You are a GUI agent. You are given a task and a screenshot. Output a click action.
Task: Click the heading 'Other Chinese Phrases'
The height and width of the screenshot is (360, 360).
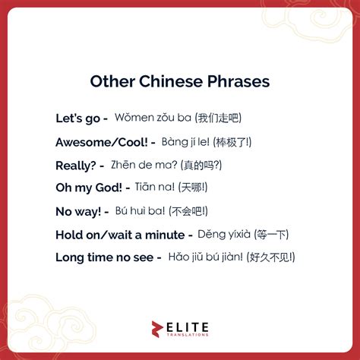point(179,81)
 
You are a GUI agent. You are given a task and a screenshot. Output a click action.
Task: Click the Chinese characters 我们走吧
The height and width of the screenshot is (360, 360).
point(218,118)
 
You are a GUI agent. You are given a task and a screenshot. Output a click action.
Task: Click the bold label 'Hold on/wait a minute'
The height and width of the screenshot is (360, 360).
point(118,235)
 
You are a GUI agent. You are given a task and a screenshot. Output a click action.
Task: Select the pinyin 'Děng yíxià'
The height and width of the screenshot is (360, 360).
point(223,235)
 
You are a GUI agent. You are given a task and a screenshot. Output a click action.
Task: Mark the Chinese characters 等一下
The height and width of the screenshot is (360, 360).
point(272,235)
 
